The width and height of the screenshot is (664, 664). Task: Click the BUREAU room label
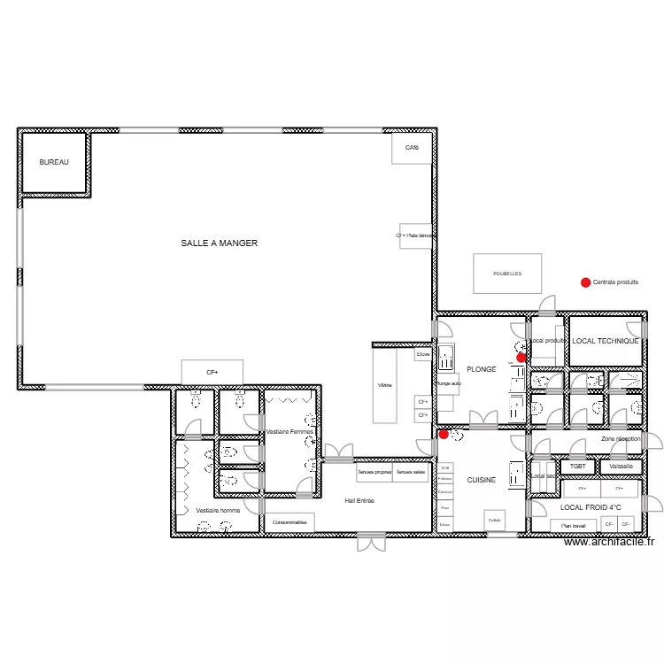click(x=53, y=163)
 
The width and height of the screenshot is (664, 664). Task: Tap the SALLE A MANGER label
click(x=219, y=243)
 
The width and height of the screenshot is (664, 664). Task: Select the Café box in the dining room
click(x=412, y=148)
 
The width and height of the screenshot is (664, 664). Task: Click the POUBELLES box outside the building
click(x=507, y=274)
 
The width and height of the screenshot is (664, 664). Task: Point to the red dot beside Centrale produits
click(x=584, y=282)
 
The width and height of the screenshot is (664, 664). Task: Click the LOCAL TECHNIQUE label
click(x=606, y=341)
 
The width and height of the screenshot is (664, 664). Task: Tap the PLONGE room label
click(x=482, y=369)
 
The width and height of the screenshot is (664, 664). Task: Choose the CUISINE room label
click(x=482, y=480)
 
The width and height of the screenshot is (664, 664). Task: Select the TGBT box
click(x=578, y=467)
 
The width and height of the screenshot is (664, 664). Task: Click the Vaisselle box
click(x=622, y=467)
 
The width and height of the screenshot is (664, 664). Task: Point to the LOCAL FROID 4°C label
click(x=591, y=507)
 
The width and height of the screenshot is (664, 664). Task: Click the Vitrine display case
click(x=384, y=386)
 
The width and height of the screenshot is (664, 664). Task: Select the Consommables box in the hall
click(x=290, y=523)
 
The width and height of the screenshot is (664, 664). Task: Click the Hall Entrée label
click(x=359, y=501)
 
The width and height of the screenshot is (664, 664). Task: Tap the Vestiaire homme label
click(x=218, y=511)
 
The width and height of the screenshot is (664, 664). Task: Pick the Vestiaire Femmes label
click(x=290, y=431)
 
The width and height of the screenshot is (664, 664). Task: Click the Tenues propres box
click(x=374, y=473)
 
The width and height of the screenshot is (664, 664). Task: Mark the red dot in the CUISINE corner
click(x=444, y=434)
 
